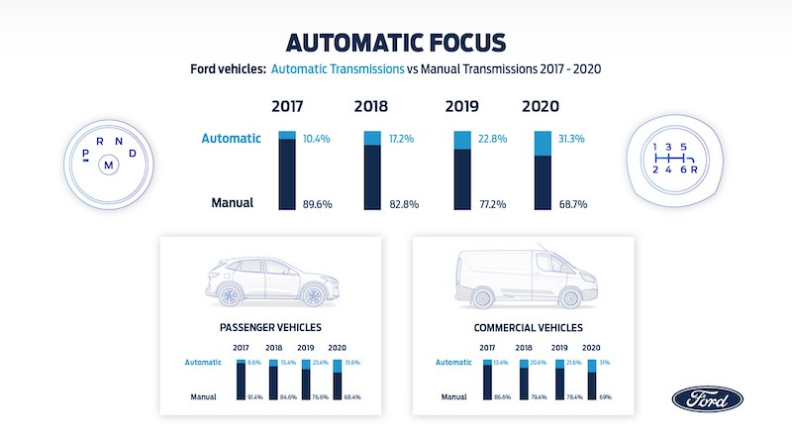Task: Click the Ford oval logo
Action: click(x=707, y=398)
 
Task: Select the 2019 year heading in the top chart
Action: click(x=462, y=106)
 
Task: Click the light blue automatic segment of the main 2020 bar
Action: click(x=543, y=144)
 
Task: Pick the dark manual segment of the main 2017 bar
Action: click(x=287, y=174)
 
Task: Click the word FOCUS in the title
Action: click(x=451, y=43)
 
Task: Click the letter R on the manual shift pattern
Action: click(x=693, y=169)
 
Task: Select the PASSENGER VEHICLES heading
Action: click(x=270, y=327)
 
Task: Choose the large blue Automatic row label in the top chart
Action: click(x=232, y=139)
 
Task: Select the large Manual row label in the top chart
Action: click(x=233, y=203)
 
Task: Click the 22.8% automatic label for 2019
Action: click(x=491, y=138)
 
